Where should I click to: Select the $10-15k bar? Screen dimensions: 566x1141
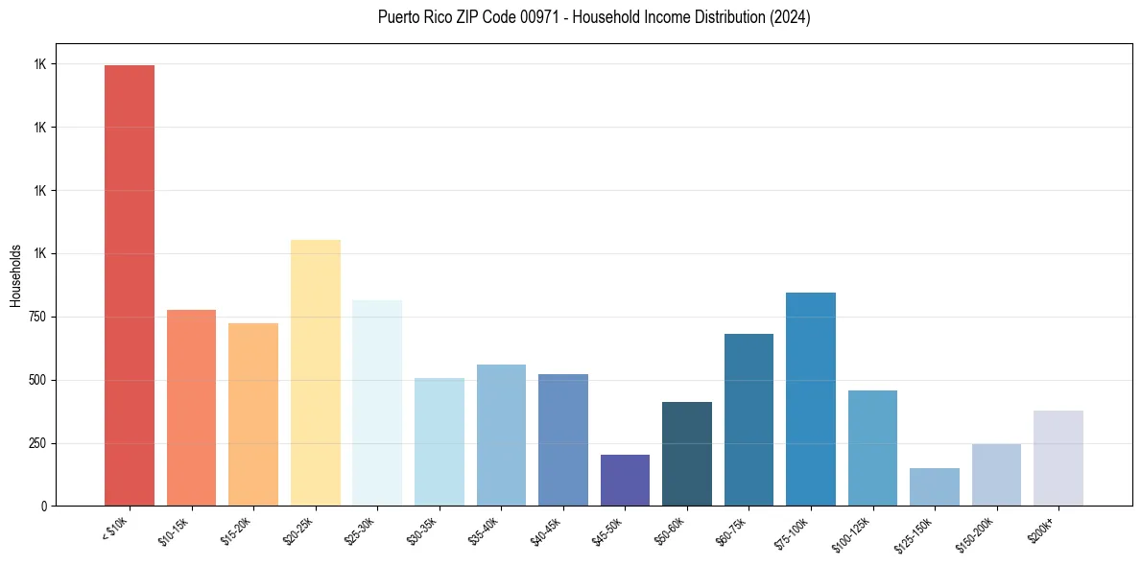pyautogui.click(x=191, y=408)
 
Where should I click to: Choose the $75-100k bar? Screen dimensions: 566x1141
pyautogui.click(x=810, y=399)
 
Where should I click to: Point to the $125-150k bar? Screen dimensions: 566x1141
pyautogui.click(x=934, y=486)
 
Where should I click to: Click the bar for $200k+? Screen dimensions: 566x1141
pyautogui.click(x=1058, y=458)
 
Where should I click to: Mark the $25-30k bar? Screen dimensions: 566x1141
pyautogui.click(x=377, y=403)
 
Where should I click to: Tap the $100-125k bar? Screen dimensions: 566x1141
pyautogui.click(x=872, y=448)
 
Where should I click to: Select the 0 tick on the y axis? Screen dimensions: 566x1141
pyautogui.click(x=44, y=507)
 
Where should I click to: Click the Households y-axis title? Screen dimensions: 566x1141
pyautogui.click(x=15, y=275)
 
